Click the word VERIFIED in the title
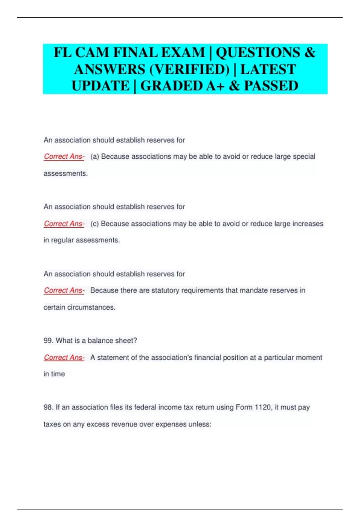[x=189, y=69]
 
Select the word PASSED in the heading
[x=271, y=86]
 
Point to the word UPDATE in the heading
[x=100, y=86]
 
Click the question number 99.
[x=48, y=340]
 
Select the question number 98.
[x=48, y=407]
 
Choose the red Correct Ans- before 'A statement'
[x=64, y=358]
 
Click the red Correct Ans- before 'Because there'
[x=64, y=290]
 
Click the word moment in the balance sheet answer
[x=309, y=358]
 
